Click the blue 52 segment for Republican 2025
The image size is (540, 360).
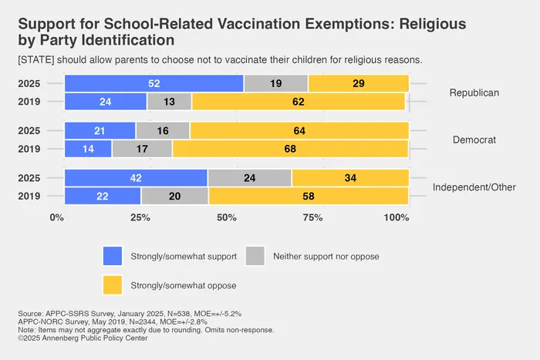(154, 83)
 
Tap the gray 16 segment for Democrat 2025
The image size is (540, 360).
(163, 131)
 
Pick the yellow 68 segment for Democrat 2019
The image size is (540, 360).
(290, 148)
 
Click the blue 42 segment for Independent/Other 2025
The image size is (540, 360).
(136, 178)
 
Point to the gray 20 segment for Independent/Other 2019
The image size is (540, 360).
(174, 197)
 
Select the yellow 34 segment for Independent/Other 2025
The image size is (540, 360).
(350, 178)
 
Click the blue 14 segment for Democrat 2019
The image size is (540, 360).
(89, 148)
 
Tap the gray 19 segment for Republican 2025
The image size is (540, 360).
(275, 83)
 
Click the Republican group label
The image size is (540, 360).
(474, 93)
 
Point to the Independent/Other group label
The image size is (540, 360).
(474, 187)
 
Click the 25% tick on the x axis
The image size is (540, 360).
(140, 217)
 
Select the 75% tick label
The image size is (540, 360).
(312, 217)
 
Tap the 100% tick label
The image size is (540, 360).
(397, 217)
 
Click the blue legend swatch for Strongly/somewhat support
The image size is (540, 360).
(113, 255)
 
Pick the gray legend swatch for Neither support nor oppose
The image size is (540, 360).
(255, 255)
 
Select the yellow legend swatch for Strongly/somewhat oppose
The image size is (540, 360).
(113, 285)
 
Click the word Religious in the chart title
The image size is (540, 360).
(433, 23)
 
